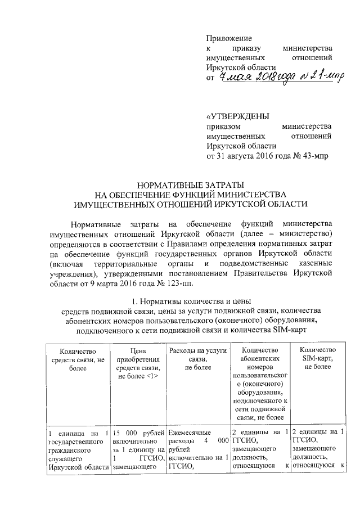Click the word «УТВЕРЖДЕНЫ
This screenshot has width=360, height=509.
tap(238, 116)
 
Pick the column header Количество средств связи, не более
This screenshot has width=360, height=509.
tap(78, 359)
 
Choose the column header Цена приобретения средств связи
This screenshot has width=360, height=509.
tap(138, 363)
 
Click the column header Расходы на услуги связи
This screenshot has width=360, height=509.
tap(197, 359)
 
